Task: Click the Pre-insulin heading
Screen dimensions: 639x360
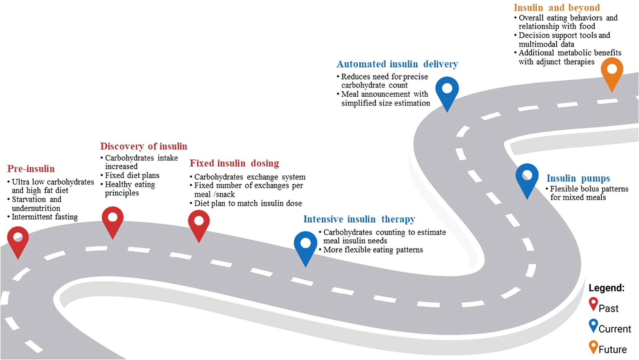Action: pyautogui.click(x=31, y=169)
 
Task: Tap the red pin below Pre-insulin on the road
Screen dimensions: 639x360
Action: pyautogui.click(x=18, y=240)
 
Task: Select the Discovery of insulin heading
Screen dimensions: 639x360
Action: pyautogui.click(x=144, y=146)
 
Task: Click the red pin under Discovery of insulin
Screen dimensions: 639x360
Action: pyautogui.click(x=112, y=220)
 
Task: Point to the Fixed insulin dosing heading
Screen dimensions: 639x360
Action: pyautogui.click(x=234, y=163)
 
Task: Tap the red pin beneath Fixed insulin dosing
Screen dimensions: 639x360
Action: pyautogui.click(x=199, y=223)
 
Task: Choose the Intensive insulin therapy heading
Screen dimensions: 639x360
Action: pyautogui.click(x=359, y=219)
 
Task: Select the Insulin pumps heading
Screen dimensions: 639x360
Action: pyautogui.click(x=578, y=178)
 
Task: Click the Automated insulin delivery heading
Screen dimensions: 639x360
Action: pyautogui.click(x=397, y=64)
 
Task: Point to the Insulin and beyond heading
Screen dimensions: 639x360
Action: pyautogui.click(x=557, y=8)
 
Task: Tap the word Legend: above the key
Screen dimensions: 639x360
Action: pyautogui.click(x=607, y=288)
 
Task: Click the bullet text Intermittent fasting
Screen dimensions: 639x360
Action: pyautogui.click(x=45, y=217)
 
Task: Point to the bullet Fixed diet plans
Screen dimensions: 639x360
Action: pyautogui.click(x=132, y=175)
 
